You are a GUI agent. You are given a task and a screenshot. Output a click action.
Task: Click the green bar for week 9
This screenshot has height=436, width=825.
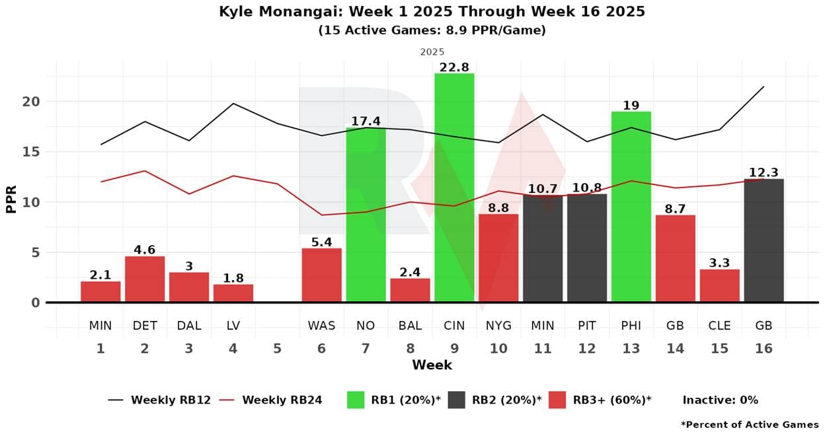tap(454, 188)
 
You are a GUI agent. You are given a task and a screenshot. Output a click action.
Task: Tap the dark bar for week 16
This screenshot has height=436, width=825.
tap(764, 240)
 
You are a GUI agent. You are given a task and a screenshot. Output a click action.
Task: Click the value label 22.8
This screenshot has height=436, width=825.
tap(454, 67)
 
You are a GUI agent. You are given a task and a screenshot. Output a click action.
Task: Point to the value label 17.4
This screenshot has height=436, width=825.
tap(366, 122)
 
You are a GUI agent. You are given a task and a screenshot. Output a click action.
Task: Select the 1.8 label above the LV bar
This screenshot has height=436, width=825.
tap(233, 278)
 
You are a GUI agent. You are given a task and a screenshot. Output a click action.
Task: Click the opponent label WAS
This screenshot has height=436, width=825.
tap(321, 326)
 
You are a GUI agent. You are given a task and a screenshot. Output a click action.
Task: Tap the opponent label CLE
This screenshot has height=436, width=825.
tap(719, 326)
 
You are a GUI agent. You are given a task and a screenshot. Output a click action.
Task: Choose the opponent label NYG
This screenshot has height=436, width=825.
tap(498, 326)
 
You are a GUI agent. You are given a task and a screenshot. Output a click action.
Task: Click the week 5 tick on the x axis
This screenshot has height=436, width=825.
tap(277, 348)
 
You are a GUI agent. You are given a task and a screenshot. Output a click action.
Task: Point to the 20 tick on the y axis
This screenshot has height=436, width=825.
tap(31, 102)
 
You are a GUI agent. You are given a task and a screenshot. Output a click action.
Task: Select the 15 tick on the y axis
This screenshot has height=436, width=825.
tap(31, 152)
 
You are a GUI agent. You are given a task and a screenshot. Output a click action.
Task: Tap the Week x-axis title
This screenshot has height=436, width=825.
tap(432, 365)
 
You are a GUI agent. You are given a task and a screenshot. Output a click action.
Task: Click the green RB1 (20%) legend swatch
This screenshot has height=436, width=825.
tap(355, 400)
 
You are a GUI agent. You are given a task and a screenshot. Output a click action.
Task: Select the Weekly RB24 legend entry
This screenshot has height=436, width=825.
tap(282, 400)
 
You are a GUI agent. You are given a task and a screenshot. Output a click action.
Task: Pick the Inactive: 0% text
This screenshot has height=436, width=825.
tap(720, 400)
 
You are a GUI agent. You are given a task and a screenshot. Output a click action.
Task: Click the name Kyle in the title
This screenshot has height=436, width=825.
tap(237, 12)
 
